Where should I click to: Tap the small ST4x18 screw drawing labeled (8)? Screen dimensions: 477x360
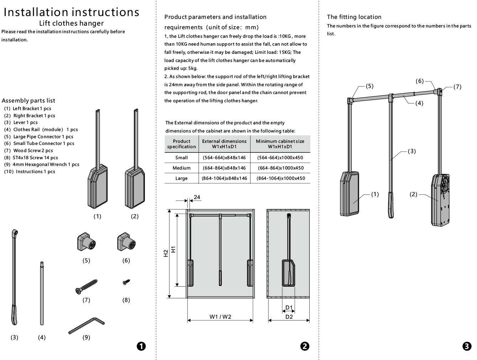(x=126, y=282)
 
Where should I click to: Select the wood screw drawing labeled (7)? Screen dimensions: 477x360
(x=86, y=287)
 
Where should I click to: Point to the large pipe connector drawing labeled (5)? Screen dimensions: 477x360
(x=86, y=241)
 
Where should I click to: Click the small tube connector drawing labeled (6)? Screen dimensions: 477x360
(x=126, y=241)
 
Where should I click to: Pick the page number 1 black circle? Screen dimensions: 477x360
(x=141, y=346)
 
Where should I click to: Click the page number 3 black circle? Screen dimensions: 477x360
(x=467, y=346)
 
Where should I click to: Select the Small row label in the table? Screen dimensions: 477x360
(x=182, y=158)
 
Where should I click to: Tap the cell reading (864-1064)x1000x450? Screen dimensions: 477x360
(x=281, y=178)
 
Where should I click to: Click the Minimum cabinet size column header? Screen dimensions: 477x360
(x=280, y=144)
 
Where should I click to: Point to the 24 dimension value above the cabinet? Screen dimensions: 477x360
(x=197, y=197)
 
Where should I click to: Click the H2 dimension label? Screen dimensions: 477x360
(x=166, y=253)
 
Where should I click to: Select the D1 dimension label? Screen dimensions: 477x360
(x=289, y=307)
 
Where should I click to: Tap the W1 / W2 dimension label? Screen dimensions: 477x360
(x=220, y=317)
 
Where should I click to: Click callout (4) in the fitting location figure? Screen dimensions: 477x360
(x=419, y=103)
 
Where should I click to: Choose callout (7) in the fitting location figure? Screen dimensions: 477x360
(x=457, y=87)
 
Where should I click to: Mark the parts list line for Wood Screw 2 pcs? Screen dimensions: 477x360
(x=28, y=150)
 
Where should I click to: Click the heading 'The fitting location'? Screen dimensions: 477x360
(x=354, y=17)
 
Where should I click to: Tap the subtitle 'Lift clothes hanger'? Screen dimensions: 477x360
(x=71, y=23)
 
